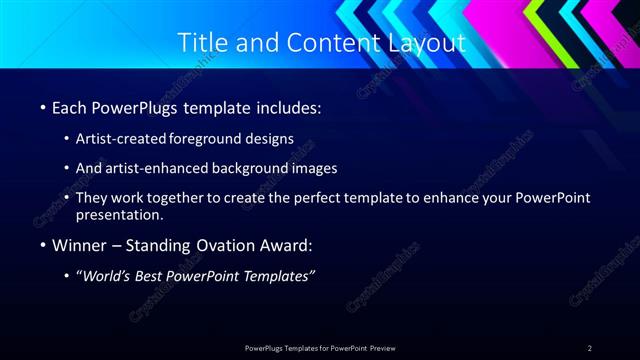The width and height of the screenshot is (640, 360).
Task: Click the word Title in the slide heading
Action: pyautogui.click(x=200, y=43)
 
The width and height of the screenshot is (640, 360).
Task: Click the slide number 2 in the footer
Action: pyautogui.click(x=590, y=348)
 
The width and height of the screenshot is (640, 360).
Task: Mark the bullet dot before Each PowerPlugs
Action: pyautogui.click(x=42, y=107)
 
